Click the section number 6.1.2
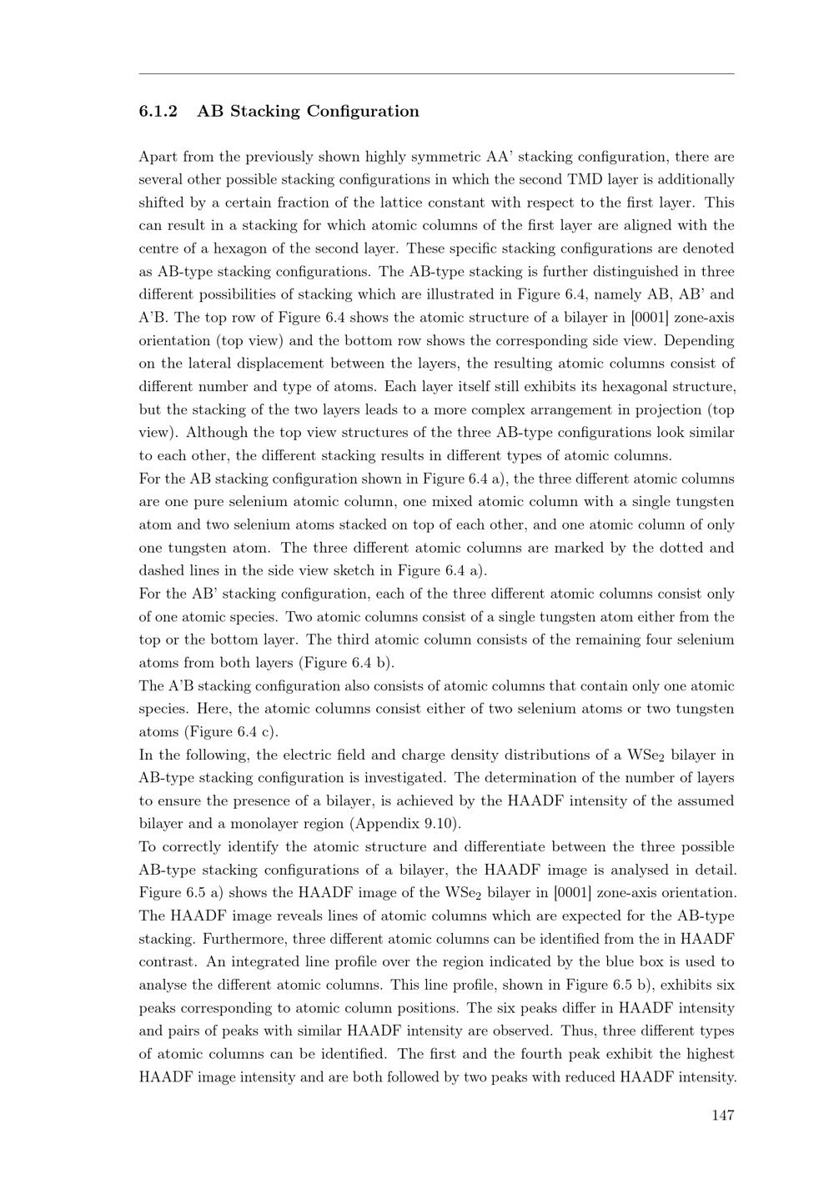click(158, 112)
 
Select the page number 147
click(722, 1115)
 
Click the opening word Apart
click(158, 157)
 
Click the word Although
click(213, 433)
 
